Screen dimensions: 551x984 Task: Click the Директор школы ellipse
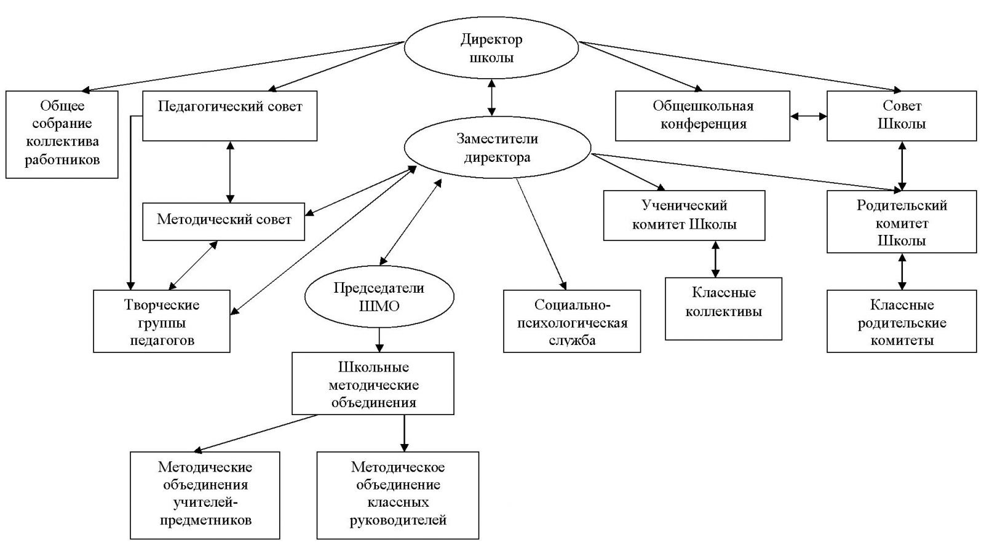tap(491, 49)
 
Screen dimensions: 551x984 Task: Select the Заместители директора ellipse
tap(497, 148)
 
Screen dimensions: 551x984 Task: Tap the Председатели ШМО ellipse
tap(379, 296)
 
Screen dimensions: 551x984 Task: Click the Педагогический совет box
tap(229, 116)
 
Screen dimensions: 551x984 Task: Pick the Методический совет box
tap(224, 221)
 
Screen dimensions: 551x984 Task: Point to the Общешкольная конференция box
tap(702, 116)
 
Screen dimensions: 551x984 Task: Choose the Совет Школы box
tap(901, 116)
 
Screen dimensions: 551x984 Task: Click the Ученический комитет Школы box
tap(684, 215)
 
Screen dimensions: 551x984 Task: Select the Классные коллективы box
tap(723, 309)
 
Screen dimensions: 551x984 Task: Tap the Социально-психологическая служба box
tap(571, 321)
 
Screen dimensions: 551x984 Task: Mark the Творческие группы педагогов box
tap(162, 321)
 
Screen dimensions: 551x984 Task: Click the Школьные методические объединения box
tap(373, 383)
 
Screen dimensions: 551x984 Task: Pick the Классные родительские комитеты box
tap(901, 321)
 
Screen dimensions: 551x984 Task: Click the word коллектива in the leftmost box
tap(61, 142)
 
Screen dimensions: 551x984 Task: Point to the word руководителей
tap(398, 520)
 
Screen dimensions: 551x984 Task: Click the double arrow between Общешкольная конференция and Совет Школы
tap(808, 116)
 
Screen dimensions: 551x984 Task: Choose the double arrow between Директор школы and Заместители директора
tap(491, 97)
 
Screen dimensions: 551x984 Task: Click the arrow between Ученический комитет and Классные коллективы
tap(715, 259)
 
